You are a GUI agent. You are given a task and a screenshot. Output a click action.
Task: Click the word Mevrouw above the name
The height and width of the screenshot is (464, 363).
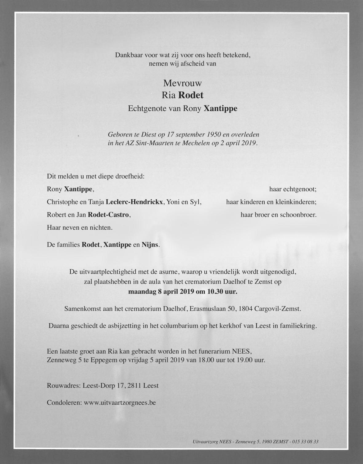[x=183, y=83]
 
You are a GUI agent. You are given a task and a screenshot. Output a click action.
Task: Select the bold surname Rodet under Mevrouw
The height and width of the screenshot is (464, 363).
[x=191, y=95]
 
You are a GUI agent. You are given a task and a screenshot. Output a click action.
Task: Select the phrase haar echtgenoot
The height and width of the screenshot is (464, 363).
[x=293, y=189]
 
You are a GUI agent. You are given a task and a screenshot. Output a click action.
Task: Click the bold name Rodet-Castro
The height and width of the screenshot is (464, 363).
[x=108, y=215]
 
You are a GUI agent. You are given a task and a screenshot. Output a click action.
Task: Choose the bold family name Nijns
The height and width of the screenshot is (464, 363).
[x=150, y=245]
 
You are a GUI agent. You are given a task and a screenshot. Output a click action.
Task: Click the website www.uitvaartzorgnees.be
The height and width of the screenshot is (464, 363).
[x=120, y=403]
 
